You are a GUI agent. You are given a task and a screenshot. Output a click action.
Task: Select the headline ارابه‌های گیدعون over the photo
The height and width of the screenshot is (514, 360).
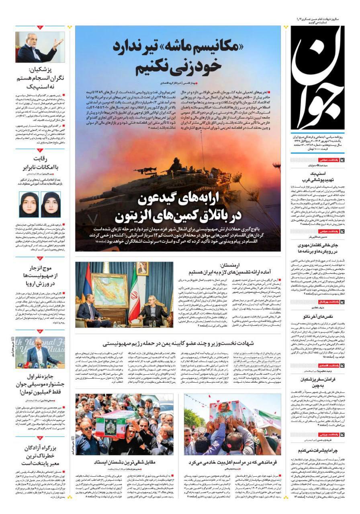pyautogui.click(x=178, y=209)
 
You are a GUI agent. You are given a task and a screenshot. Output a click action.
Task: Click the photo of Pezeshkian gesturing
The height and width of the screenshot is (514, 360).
pyautogui.click(x=40, y=47)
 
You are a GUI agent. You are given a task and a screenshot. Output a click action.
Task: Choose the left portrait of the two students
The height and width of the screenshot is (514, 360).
pyautogui.click(x=28, y=204)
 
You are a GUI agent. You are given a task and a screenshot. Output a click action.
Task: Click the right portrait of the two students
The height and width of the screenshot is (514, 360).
pyautogui.click(x=51, y=204)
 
